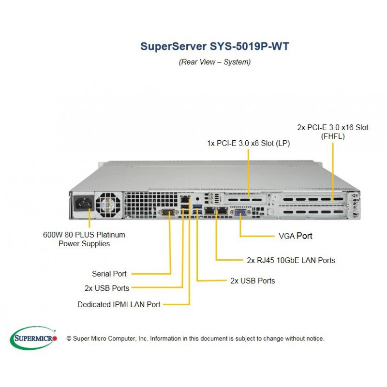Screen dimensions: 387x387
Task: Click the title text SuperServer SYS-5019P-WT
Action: click(x=214, y=46)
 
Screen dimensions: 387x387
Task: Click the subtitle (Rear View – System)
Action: click(x=214, y=62)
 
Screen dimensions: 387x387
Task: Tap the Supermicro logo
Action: click(x=33, y=338)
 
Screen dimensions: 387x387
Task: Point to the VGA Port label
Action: click(x=296, y=236)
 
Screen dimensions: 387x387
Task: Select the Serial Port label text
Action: click(x=109, y=274)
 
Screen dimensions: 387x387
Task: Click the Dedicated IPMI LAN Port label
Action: click(x=119, y=304)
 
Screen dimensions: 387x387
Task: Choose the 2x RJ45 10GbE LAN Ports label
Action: click(x=291, y=260)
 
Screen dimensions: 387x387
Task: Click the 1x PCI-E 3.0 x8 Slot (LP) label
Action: click(x=248, y=143)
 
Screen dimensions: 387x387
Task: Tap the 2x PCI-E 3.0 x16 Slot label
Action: click(x=333, y=127)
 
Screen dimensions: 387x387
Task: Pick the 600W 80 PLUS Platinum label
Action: click(x=84, y=235)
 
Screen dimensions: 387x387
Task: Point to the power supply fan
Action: click(x=109, y=205)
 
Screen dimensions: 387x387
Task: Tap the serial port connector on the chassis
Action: click(x=168, y=212)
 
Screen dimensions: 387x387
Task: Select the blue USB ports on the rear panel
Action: click(x=197, y=209)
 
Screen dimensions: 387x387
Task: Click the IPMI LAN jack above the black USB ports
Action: click(x=185, y=199)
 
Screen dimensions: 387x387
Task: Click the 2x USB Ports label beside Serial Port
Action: click(x=106, y=288)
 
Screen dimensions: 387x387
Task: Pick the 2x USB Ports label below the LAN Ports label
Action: click(x=253, y=281)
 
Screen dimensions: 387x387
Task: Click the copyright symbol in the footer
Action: click(x=69, y=338)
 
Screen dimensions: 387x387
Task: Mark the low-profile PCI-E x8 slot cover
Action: click(x=245, y=199)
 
